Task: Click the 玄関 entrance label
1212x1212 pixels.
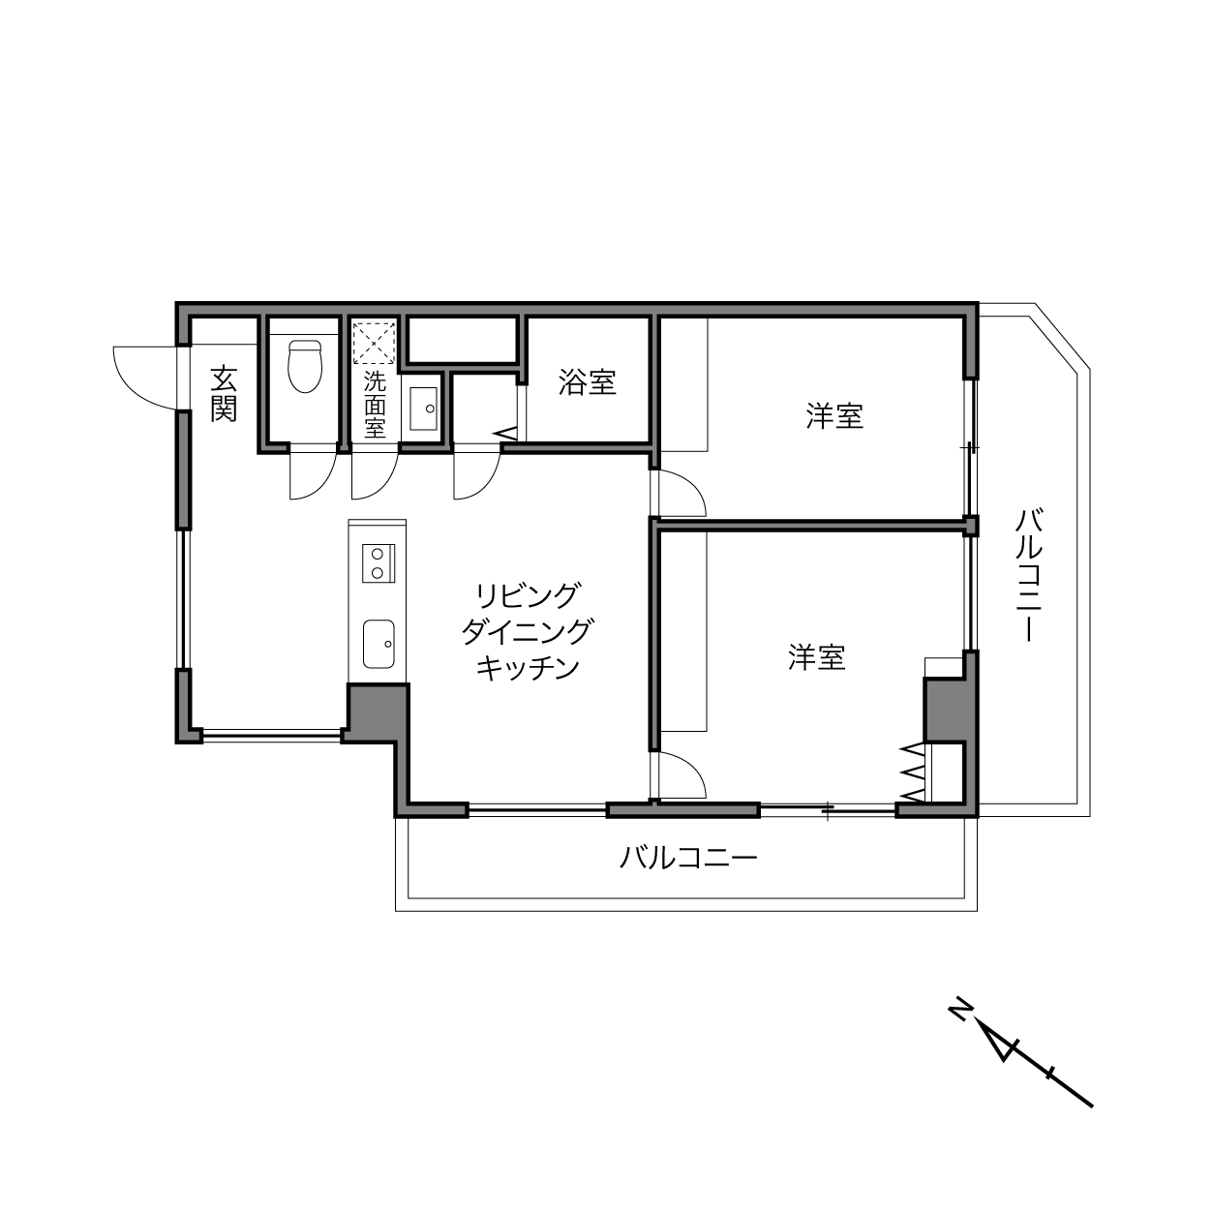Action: pyautogui.click(x=224, y=393)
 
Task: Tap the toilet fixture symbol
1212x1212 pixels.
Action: pyautogui.click(x=305, y=366)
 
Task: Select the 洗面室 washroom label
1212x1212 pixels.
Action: pyautogui.click(x=375, y=406)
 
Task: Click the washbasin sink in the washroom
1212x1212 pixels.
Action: pyautogui.click(x=423, y=409)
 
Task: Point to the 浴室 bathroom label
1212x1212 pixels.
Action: pyautogui.click(x=587, y=382)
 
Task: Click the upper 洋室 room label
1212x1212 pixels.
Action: pyautogui.click(x=834, y=416)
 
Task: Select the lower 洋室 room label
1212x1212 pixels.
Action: pyautogui.click(x=816, y=656)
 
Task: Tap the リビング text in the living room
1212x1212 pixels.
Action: pyautogui.click(x=527, y=595)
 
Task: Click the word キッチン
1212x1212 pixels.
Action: pyautogui.click(x=527, y=668)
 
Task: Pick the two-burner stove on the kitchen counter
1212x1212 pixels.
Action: pyautogui.click(x=378, y=562)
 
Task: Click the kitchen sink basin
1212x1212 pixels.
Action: pyautogui.click(x=379, y=644)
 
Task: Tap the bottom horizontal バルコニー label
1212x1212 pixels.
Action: pyautogui.click(x=688, y=858)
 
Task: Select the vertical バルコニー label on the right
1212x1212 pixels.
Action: pyautogui.click(x=1029, y=576)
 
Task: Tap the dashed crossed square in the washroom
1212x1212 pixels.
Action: pyautogui.click(x=375, y=344)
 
